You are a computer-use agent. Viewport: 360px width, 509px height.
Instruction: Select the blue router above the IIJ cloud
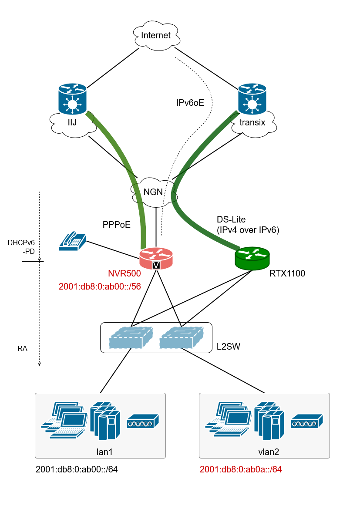tap(72, 98)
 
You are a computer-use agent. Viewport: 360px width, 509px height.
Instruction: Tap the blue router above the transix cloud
tap(252, 98)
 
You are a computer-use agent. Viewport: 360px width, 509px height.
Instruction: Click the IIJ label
tap(72, 122)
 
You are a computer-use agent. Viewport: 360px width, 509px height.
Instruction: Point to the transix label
tap(252, 123)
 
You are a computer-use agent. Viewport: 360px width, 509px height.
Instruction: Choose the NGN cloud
tap(153, 192)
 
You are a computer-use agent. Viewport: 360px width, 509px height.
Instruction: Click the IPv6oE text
tap(190, 103)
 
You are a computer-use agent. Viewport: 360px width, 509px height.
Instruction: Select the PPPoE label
tap(117, 225)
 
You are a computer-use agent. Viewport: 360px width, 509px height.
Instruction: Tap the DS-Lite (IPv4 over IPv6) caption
tap(248, 225)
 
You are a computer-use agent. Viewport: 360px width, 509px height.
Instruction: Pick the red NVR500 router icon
tap(156, 258)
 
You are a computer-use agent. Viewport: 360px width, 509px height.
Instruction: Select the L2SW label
tap(229, 347)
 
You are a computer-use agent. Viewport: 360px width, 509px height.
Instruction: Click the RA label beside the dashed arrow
tap(23, 349)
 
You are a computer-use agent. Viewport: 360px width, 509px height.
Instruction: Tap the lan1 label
tap(104, 452)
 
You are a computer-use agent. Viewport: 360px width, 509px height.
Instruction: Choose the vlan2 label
tap(268, 452)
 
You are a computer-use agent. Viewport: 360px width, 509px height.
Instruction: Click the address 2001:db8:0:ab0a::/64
tap(241, 470)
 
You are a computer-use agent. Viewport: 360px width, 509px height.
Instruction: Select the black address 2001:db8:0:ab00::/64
tap(77, 470)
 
